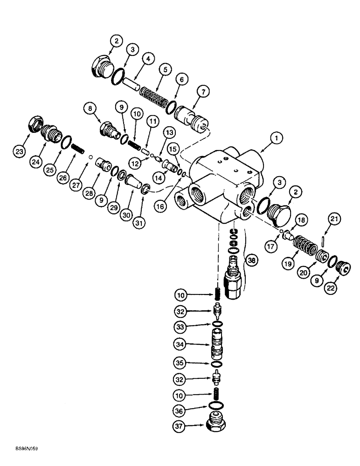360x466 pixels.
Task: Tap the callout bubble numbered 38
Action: click(252, 262)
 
